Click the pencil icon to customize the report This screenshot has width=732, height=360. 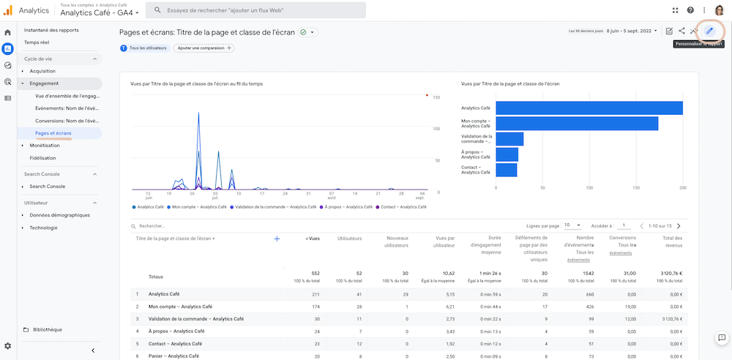[709, 31]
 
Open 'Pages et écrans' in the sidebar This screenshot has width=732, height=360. [53, 133]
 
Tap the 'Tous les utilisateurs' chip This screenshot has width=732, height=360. [144, 48]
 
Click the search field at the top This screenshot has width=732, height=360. [256, 10]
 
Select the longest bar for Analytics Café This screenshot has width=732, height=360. [589, 108]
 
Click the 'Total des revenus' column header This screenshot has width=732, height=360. [672, 242]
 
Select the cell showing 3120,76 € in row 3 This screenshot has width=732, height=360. [670, 319]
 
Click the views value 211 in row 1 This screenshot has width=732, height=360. [315, 294]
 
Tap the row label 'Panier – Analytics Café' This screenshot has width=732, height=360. [173, 356]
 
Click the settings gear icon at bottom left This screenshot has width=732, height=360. [7, 345]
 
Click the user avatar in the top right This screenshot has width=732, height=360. [719, 10]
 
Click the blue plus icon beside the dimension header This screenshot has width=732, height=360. [277, 239]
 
